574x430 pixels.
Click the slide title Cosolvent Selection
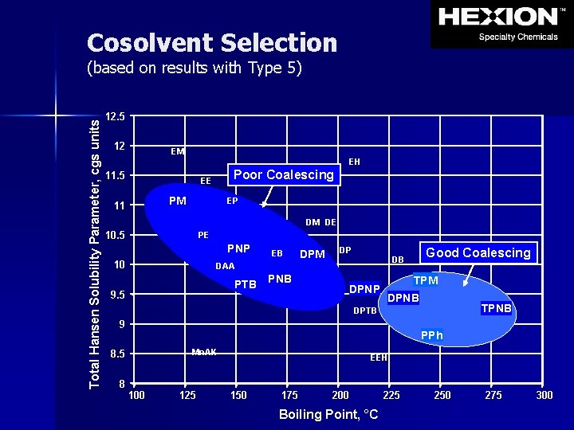[x=212, y=43]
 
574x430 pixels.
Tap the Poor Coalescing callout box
[x=284, y=175]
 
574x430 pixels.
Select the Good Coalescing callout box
[x=478, y=253]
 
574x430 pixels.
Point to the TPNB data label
[x=496, y=308]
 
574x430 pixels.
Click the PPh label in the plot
[x=431, y=336]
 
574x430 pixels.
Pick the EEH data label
[x=379, y=358]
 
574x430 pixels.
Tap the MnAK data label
[x=204, y=352]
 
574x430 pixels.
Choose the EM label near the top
[x=178, y=151]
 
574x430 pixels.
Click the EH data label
[x=354, y=162]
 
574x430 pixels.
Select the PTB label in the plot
[x=245, y=285]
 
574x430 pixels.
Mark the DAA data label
[x=225, y=267]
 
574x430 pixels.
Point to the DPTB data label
[x=364, y=311]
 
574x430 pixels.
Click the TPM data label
[x=426, y=281]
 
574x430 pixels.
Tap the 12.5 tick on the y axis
[x=116, y=116]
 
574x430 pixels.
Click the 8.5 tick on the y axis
[x=116, y=354]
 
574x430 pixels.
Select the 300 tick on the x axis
[x=545, y=396]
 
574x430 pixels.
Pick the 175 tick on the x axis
[x=289, y=396]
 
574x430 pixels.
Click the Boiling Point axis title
[x=328, y=415]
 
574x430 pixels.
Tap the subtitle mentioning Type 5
[x=194, y=68]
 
